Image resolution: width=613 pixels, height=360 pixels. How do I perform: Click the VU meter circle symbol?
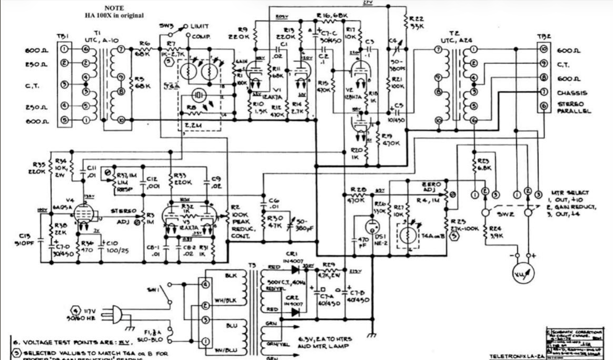523,273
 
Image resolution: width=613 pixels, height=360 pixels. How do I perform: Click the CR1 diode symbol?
295,270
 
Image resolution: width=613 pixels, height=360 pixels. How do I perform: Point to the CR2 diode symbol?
295,312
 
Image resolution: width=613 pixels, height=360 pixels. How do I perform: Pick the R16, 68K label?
332,16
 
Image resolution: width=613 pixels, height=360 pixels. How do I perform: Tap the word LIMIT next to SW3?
200,26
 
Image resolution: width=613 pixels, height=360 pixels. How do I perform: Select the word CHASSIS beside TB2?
572,93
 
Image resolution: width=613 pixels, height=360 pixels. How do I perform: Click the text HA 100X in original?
114,15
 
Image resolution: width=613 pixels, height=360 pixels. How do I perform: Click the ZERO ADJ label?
431,187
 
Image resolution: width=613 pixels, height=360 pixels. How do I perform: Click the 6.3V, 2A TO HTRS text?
325,339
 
